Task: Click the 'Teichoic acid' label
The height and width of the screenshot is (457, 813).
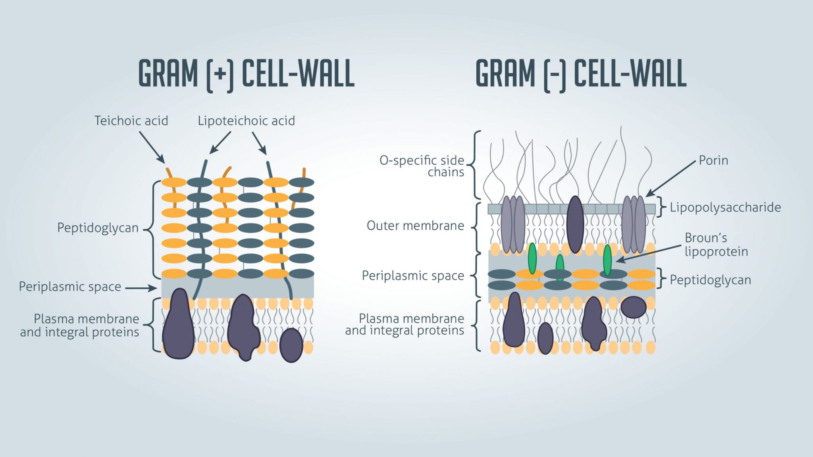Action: pyautogui.click(x=131, y=121)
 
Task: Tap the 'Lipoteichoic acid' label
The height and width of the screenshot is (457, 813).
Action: pyautogui.click(x=246, y=121)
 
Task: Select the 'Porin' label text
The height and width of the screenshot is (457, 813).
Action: pyautogui.click(x=713, y=160)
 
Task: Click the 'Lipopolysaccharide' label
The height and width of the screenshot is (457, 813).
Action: pyautogui.click(x=725, y=207)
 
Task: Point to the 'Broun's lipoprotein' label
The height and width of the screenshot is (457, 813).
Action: pyautogui.click(x=716, y=245)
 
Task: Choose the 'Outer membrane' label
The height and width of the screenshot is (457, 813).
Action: pyautogui.click(x=415, y=226)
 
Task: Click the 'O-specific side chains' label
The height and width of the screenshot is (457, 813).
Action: pyautogui.click(x=422, y=166)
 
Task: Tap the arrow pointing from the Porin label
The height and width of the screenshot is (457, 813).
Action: pyautogui.click(x=671, y=178)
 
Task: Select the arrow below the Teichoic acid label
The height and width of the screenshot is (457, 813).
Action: pyautogui.click(x=152, y=147)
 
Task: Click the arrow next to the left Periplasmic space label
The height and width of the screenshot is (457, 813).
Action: pyautogui.click(x=141, y=288)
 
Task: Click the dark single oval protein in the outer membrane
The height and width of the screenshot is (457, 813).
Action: pyautogui.click(x=575, y=224)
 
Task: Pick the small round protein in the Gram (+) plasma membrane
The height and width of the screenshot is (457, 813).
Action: pyautogui.click(x=291, y=345)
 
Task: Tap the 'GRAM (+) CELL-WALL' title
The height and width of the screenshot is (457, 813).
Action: pyautogui.click(x=246, y=74)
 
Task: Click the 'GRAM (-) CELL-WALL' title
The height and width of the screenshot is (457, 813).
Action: pyautogui.click(x=581, y=74)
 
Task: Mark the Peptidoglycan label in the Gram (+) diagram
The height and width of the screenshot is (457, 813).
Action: pyautogui.click(x=98, y=228)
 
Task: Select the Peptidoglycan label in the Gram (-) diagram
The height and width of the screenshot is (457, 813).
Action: pyautogui.click(x=710, y=280)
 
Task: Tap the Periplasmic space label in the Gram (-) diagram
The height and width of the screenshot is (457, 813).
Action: pyautogui.click(x=412, y=276)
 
